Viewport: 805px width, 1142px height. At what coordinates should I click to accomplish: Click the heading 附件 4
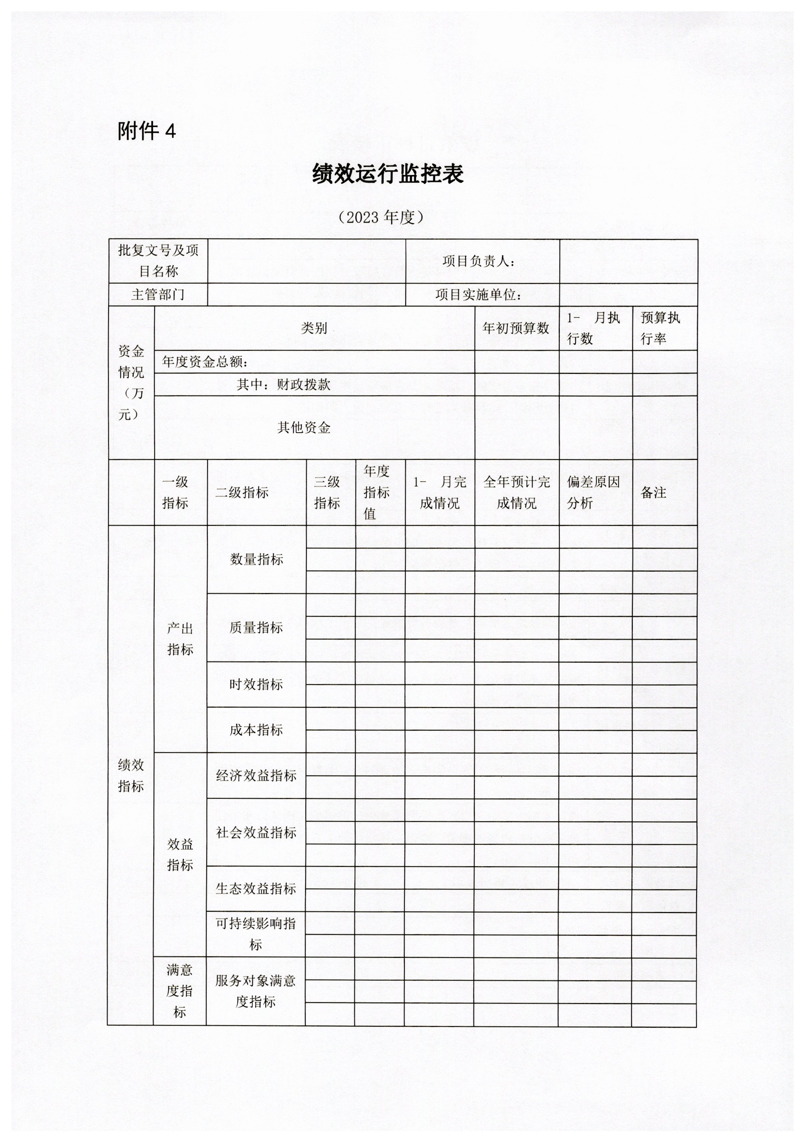(147, 131)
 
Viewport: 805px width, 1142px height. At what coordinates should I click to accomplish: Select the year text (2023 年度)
(381, 217)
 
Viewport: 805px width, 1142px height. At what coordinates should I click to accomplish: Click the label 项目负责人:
(479, 261)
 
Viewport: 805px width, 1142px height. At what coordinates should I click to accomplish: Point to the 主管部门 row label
(158, 295)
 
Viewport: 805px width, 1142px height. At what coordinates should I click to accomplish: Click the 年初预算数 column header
(516, 328)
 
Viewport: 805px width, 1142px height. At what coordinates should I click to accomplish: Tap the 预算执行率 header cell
(660, 328)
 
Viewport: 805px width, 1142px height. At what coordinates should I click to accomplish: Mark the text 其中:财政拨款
(283, 385)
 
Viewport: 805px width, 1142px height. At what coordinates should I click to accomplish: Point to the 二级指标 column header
(242, 492)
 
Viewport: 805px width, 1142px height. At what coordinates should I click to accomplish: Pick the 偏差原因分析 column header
(593, 492)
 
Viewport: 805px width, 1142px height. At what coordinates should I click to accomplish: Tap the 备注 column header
(653, 492)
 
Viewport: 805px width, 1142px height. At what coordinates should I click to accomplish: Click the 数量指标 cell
(256, 560)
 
